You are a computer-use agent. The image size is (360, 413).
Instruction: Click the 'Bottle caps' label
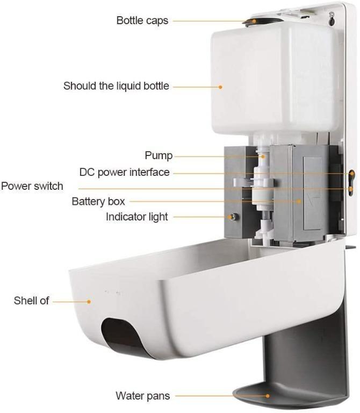(x=142, y=21)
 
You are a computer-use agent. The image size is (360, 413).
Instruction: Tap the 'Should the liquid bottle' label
(x=116, y=86)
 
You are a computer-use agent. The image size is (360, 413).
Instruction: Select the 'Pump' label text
(x=159, y=155)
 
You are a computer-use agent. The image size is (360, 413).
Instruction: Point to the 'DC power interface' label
(x=124, y=173)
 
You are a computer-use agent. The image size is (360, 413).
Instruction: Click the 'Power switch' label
(x=32, y=186)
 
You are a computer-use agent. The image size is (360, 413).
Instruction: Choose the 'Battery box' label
(x=98, y=202)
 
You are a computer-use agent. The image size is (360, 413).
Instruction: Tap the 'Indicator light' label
(x=136, y=217)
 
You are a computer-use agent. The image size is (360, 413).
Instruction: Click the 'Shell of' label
(x=31, y=301)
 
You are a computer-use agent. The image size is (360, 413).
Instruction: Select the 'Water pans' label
(x=143, y=396)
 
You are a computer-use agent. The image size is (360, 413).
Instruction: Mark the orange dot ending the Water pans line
(x=268, y=396)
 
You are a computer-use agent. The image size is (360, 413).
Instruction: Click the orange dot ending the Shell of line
(x=89, y=301)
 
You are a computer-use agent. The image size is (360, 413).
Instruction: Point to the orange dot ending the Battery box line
(x=300, y=201)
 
